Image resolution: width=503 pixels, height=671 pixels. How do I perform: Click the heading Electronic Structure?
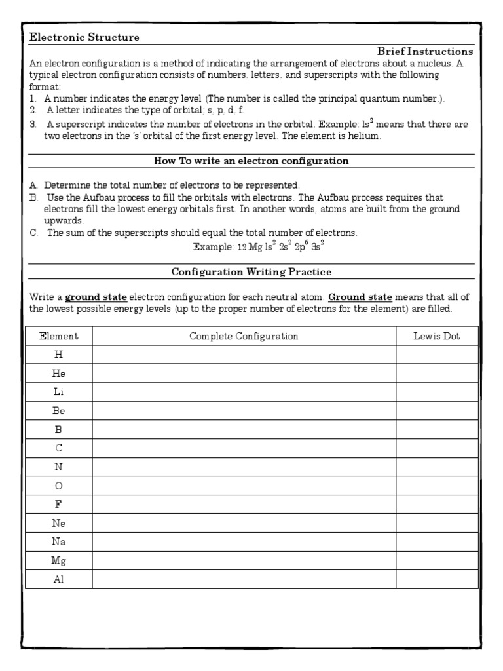coord(84,37)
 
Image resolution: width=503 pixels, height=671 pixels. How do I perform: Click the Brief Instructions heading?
coord(425,51)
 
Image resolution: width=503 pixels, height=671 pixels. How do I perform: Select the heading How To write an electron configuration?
coord(251,161)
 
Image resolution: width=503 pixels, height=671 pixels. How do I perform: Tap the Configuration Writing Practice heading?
coord(251,271)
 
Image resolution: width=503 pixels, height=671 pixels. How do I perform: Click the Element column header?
coord(58,336)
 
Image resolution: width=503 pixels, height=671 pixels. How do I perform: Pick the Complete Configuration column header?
coord(244,336)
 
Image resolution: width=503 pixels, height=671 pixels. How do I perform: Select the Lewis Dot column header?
coord(436,336)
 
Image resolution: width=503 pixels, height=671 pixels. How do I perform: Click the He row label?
coord(58,373)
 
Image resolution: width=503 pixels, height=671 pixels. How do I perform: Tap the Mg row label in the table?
coord(58,561)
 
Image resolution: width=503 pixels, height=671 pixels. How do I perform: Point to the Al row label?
coord(58,580)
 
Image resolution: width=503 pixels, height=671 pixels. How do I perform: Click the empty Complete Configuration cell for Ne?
coord(244,524)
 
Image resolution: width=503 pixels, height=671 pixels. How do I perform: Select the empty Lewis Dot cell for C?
coord(436,448)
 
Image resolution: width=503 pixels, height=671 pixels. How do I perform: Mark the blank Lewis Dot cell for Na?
coord(436,542)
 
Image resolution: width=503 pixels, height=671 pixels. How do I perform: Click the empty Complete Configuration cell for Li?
coord(244,392)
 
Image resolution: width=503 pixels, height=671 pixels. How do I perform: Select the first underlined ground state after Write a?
coord(96,297)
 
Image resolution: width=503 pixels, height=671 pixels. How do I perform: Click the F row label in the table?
coord(58,505)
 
